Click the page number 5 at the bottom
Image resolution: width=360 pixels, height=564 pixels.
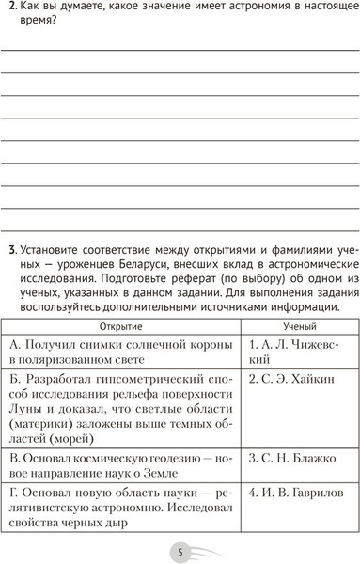180,550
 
